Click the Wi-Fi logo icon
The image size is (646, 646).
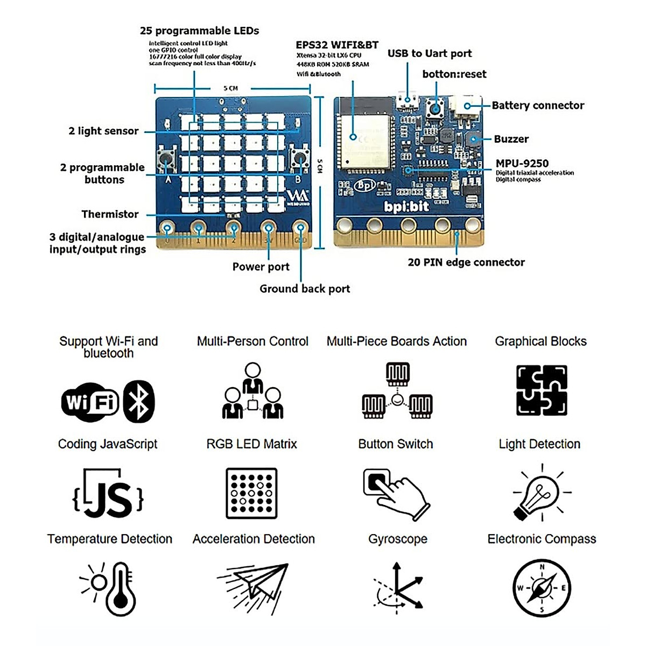[90, 402]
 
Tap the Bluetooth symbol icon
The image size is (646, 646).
[139, 402]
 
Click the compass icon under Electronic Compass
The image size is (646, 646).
[542, 588]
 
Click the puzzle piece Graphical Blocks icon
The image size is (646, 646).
[541, 390]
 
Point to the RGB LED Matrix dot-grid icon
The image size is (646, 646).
[251, 493]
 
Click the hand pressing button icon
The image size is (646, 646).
[395, 493]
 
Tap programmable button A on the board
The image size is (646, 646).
[166, 159]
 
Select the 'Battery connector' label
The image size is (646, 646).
[538, 106]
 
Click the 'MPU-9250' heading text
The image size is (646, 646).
[522, 163]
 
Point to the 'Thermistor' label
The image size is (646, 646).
[110, 214]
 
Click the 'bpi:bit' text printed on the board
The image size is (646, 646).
[406, 207]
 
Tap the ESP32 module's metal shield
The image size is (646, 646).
[363, 140]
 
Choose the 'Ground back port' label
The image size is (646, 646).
[305, 289]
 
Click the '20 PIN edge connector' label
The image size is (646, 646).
[466, 262]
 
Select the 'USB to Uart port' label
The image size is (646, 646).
[429, 53]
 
